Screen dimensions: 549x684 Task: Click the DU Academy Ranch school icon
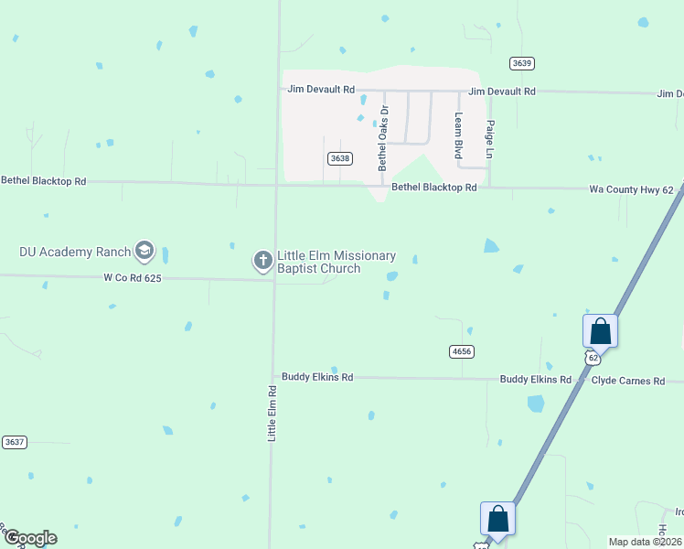pyautogui.click(x=144, y=250)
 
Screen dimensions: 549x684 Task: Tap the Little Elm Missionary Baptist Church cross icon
pyautogui.click(x=262, y=262)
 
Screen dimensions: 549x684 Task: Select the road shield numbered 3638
pyautogui.click(x=339, y=158)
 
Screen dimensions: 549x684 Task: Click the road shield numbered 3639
pyautogui.click(x=522, y=63)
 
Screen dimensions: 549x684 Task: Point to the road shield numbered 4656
pyautogui.click(x=462, y=351)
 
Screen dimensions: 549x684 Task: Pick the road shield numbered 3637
pyautogui.click(x=14, y=442)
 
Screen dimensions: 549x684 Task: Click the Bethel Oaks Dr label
pyautogui.click(x=383, y=145)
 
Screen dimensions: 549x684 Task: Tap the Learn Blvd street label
pyautogui.click(x=459, y=135)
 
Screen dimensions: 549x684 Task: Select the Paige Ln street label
pyautogui.click(x=490, y=140)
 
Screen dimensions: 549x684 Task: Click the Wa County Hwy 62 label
pyautogui.click(x=631, y=189)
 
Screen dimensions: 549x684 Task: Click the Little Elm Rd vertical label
pyautogui.click(x=272, y=414)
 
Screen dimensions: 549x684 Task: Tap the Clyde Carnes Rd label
pyautogui.click(x=627, y=380)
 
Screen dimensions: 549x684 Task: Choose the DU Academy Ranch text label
pyautogui.click(x=75, y=251)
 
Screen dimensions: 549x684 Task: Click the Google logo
pyautogui.click(x=30, y=538)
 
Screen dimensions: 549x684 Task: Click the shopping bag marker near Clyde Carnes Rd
pyautogui.click(x=600, y=330)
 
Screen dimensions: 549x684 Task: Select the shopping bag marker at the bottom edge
pyautogui.click(x=497, y=518)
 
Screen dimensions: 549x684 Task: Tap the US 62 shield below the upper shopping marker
pyautogui.click(x=593, y=355)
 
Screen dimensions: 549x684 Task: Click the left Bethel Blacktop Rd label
pyautogui.click(x=43, y=181)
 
